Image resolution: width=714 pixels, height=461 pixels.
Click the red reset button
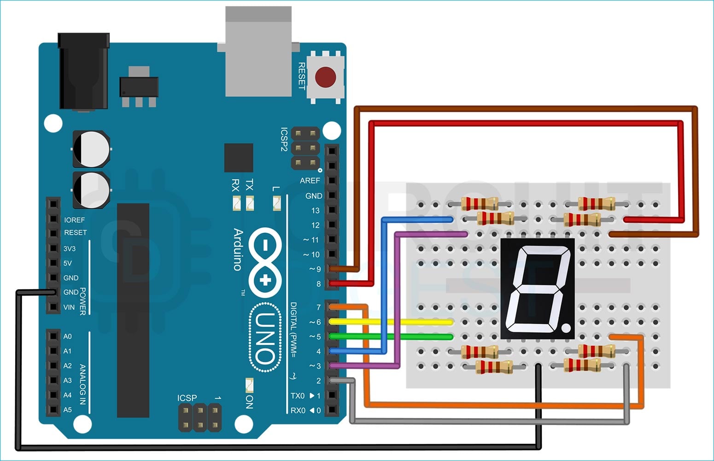pos(325,77)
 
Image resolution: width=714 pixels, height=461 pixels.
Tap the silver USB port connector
pos(258,51)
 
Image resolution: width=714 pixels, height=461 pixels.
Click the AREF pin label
pos(310,181)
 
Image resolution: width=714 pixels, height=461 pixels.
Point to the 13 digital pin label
pos(315,211)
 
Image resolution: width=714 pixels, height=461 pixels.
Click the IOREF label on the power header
pos(74,220)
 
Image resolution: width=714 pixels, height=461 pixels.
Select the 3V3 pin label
pos(70,248)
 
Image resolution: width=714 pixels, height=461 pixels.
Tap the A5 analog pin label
pos(67,410)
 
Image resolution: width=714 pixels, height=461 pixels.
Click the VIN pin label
pos(69,307)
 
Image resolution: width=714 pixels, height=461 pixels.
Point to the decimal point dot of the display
pos(566,328)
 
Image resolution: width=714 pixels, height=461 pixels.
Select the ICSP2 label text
pos(284,139)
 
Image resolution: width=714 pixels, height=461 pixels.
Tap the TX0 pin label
pos(298,396)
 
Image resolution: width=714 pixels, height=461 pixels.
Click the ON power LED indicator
pos(249,384)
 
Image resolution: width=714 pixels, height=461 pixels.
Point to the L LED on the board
pos(277,202)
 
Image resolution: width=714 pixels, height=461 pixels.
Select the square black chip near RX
pos(238,158)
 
